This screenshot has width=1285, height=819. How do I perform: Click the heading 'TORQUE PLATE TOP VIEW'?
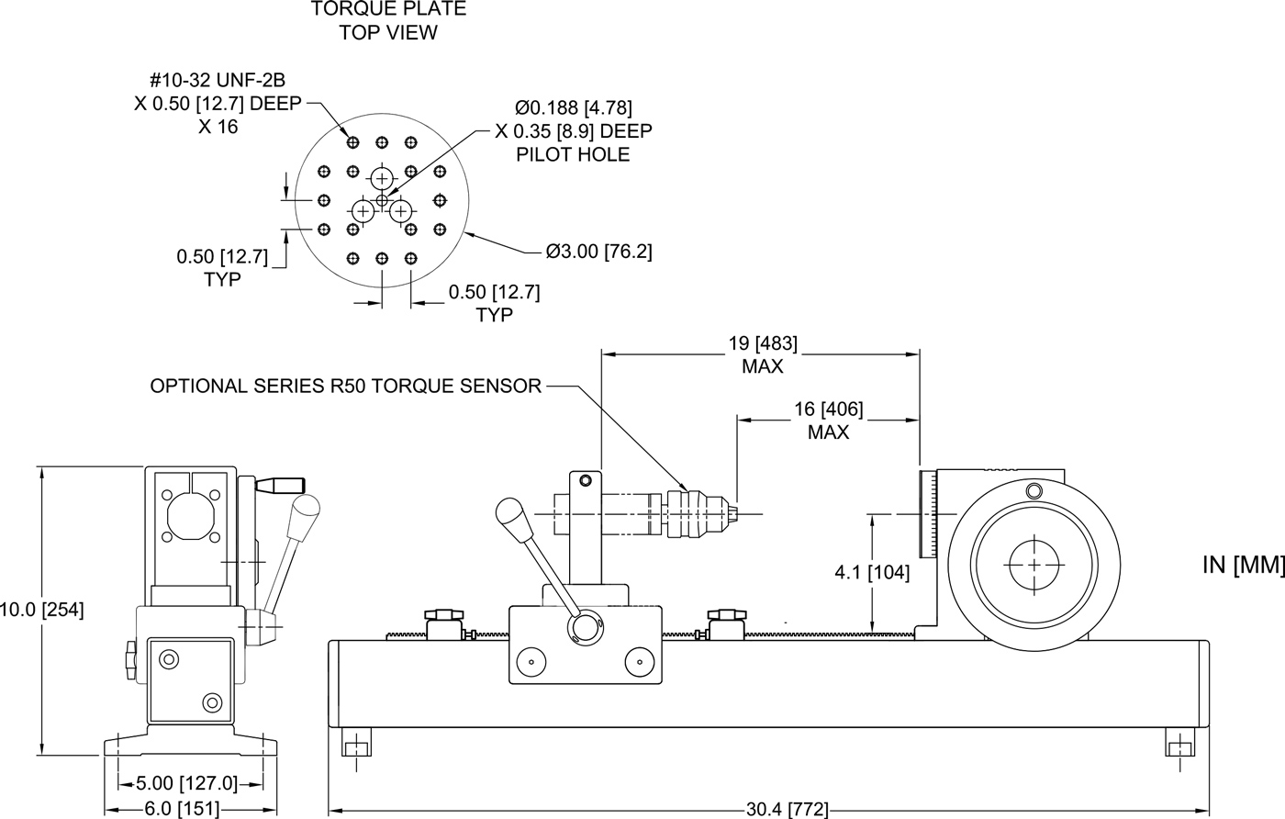(388, 20)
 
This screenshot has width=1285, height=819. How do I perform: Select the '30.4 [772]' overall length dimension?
(788, 809)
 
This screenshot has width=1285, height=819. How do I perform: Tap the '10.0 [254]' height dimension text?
(42, 609)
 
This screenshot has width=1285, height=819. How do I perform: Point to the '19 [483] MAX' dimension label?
(763, 354)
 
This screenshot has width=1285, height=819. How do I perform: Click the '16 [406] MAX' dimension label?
(828, 420)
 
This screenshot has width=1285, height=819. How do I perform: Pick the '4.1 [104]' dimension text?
(872, 573)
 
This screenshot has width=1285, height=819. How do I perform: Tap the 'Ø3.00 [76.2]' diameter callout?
(598, 251)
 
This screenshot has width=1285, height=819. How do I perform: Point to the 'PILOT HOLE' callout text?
(573, 154)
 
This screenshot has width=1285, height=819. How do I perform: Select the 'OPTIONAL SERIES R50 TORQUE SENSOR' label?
(346, 386)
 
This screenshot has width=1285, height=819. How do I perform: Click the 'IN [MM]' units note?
(1242, 565)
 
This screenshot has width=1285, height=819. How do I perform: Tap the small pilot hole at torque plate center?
(383, 199)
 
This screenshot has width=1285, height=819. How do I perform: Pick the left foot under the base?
(357, 742)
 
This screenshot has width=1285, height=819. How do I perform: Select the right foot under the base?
(1180, 742)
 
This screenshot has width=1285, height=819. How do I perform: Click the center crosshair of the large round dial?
(1034, 564)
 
